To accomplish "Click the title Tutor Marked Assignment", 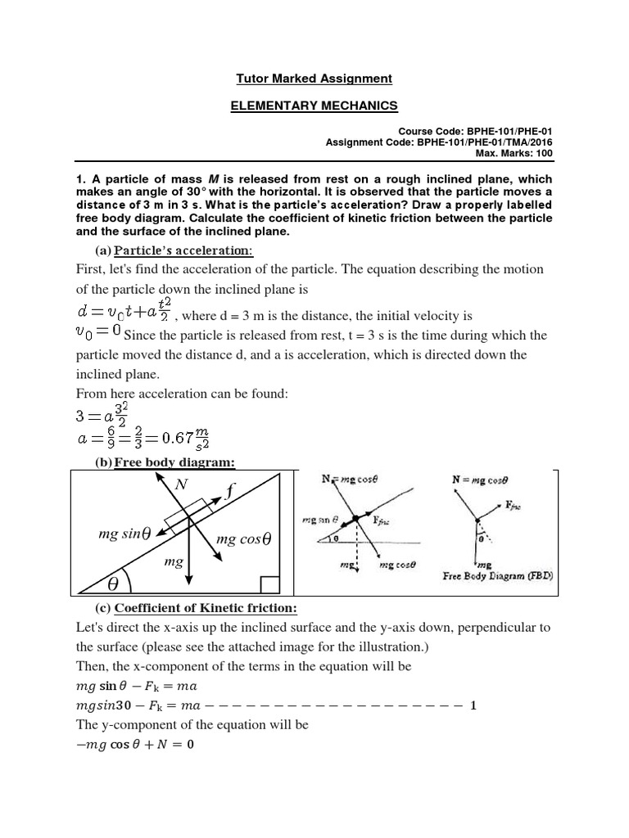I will tap(314, 79).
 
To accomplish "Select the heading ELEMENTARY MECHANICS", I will tap(314, 106).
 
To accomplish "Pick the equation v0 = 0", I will tap(97, 330).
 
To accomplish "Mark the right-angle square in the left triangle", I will tap(269, 583).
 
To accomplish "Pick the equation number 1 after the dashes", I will tap(473, 705).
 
